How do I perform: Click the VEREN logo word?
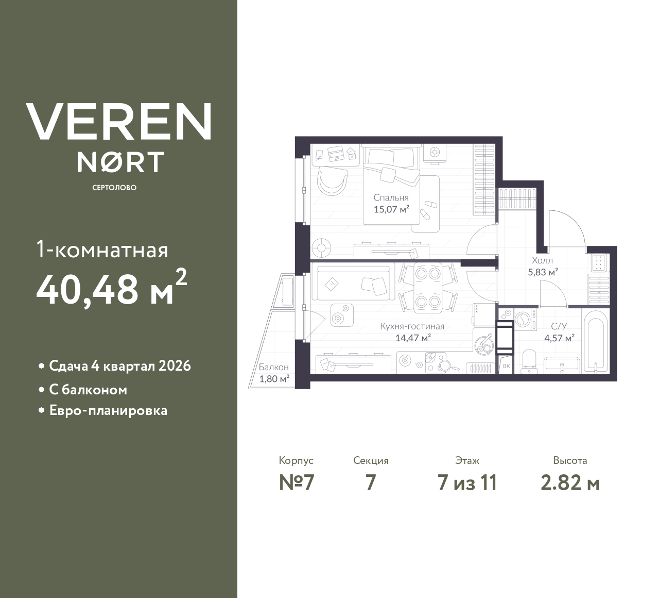118,122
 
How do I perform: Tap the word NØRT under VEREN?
120,162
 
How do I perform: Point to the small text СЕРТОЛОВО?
114,188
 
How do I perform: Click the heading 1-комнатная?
102,250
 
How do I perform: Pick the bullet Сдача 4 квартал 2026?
119,366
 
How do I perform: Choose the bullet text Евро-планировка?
108,411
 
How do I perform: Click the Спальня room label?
391,197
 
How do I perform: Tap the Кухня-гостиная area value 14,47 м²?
412,338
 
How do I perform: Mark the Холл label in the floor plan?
542,260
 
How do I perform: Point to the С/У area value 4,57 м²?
559,338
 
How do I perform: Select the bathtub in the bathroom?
596,343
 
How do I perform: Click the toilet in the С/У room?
528,359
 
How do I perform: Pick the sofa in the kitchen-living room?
353,283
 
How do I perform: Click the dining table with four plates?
428,287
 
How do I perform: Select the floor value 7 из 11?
467,483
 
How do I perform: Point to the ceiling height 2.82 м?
570,483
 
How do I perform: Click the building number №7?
296,483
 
